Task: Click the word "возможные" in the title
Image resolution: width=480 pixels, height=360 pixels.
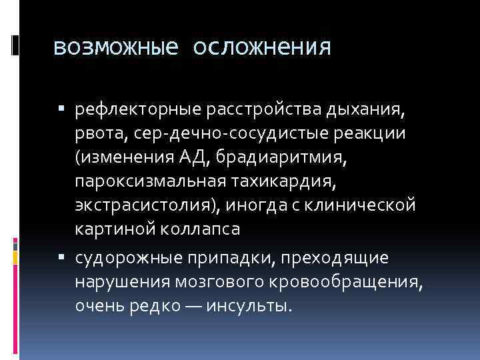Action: point(115,47)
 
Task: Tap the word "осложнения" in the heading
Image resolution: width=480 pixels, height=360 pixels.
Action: point(262,47)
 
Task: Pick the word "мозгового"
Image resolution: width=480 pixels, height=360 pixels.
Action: point(219,282)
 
